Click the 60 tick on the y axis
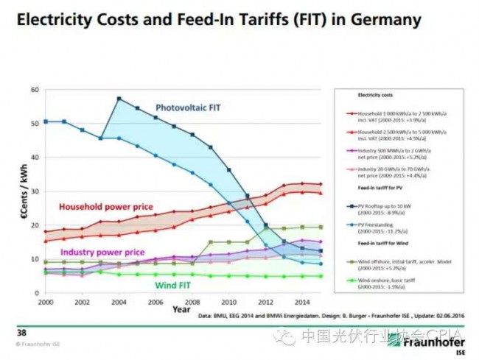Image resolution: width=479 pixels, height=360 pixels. click(x=34, y=90)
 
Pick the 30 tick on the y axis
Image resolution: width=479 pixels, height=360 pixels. click(x=34, y=191)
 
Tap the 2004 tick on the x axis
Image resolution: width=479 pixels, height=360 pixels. click(x=119, y=302)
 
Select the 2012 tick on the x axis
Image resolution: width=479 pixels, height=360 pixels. click(x=266, y=302)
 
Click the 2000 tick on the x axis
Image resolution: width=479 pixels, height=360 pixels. click(x=44, y=302)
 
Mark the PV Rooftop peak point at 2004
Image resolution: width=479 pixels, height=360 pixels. click(x=119, y=99)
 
